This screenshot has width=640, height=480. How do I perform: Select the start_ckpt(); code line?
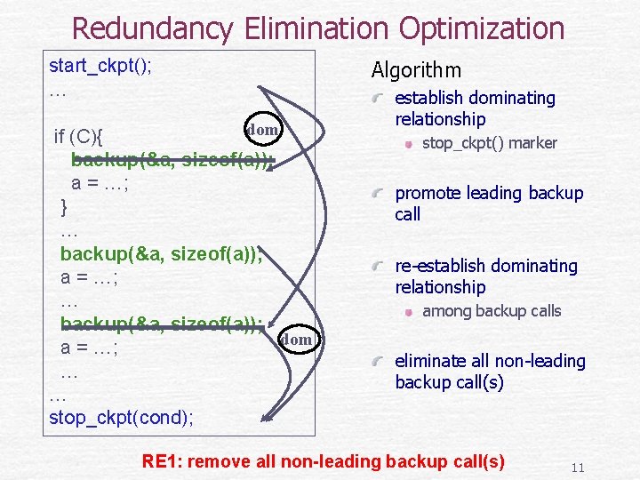100,66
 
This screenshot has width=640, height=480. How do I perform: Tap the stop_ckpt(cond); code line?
122,417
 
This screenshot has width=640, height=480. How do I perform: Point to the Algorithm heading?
416,70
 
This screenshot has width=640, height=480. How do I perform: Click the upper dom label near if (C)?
262,130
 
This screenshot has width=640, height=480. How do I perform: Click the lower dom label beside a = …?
296,339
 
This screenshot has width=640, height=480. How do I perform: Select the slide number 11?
577,468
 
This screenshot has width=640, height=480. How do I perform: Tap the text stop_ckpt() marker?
489,143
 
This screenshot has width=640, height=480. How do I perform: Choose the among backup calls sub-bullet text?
492,311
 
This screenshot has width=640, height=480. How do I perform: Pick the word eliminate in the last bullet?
428,361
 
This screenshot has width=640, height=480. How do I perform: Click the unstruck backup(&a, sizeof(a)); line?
160,254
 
